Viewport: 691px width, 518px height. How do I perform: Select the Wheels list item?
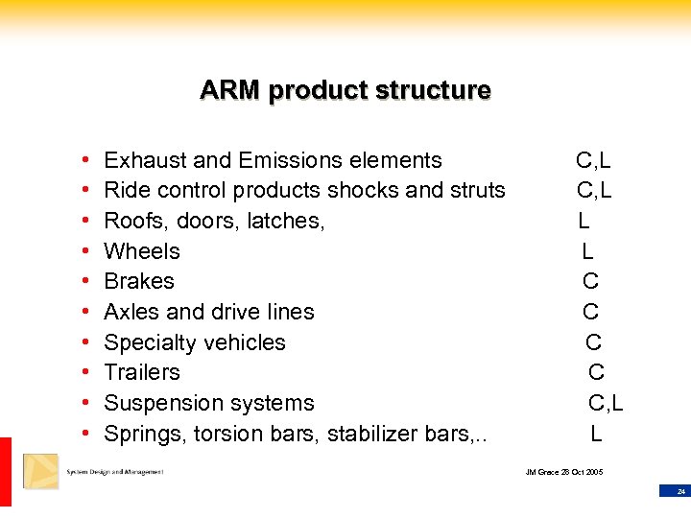142,251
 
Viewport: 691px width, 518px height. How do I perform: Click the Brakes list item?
139,281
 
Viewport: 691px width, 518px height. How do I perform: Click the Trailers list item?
142,372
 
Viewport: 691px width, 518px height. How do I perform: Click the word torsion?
226,434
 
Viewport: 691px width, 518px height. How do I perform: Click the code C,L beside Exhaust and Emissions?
593,160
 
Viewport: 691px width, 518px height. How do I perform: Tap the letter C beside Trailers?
596,372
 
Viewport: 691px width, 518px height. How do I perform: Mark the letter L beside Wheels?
587,251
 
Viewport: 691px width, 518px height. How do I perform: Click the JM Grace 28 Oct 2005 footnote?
564,472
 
